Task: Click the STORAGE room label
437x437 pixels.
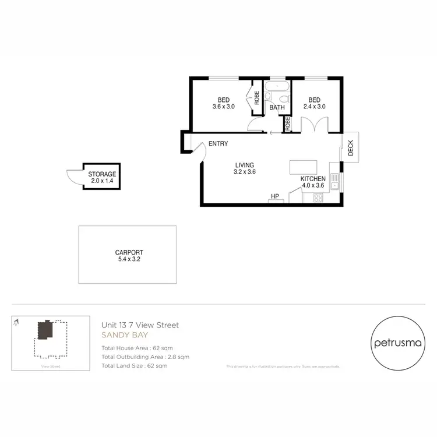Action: [102, 174]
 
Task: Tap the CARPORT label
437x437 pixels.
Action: [127, 252]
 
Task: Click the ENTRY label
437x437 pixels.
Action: [218, 144]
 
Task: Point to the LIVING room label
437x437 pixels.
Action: [245, 165]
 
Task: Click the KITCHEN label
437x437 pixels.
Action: [312, 178]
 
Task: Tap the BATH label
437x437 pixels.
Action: [277, 107]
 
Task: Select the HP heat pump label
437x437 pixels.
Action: [275, 196]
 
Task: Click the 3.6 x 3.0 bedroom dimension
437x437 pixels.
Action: [223, 107]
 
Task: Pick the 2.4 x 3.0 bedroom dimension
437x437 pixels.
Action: [313, 107]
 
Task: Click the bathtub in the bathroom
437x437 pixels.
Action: [277, 90]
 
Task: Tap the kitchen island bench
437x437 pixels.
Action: [303, 167]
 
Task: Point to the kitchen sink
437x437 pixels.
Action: [335, 185]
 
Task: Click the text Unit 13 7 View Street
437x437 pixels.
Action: [140, 325]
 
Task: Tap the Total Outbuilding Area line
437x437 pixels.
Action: [145, 357]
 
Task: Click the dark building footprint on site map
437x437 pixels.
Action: [45, 330]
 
